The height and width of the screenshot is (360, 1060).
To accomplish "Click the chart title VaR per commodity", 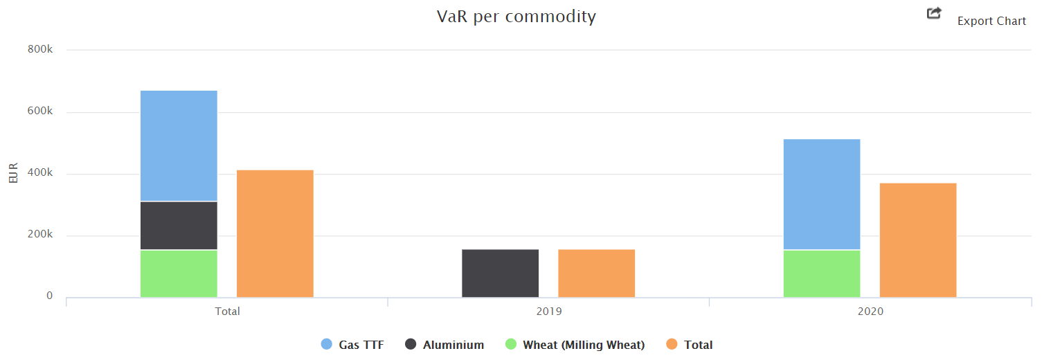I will tap(516, 17).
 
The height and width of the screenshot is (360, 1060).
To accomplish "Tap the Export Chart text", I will tap(991, 21).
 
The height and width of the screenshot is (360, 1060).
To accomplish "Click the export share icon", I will tap(934, 13).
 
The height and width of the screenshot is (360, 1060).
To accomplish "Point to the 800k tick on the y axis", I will tap(40, 50).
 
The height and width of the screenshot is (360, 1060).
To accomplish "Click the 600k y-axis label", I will tap(40, 111).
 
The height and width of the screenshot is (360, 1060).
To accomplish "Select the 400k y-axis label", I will tap(40, 173).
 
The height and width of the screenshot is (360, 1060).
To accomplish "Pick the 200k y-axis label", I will tap(40, 235).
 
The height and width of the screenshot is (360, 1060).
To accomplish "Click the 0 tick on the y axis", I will tap(49, 296).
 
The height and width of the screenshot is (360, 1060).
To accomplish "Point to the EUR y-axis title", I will tap(13, 174).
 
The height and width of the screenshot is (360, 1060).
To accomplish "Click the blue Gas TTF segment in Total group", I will tap(179, 145).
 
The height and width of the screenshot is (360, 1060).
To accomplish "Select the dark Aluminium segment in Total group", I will tap(179, 225).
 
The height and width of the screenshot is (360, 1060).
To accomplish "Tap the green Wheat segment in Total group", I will tap(179, 273).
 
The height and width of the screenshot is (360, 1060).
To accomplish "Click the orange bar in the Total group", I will tap(275, 233).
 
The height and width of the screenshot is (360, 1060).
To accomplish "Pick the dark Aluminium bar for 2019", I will tap(500, 273).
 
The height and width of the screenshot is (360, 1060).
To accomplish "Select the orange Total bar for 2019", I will tap(596, 273).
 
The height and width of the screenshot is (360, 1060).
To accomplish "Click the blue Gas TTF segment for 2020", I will tap(821, 194).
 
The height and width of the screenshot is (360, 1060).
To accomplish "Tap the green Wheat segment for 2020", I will tap(821, 273).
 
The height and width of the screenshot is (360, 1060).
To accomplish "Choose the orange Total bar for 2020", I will tap(917, 240).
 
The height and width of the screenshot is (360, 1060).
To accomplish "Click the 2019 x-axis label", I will tap(549, 312).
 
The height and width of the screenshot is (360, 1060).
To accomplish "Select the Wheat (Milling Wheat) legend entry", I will tap(583, 345).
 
